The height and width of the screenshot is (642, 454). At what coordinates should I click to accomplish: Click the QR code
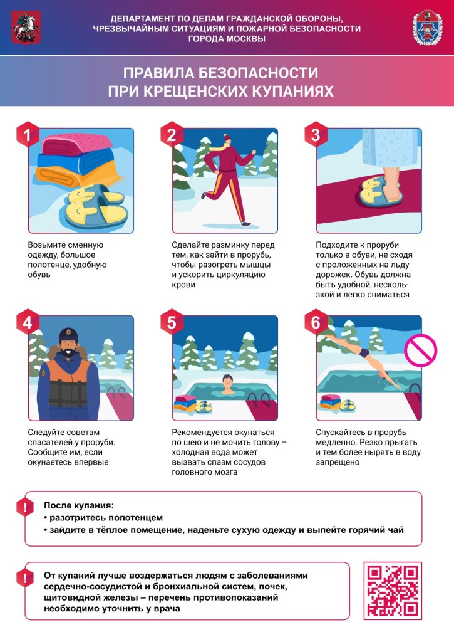393,591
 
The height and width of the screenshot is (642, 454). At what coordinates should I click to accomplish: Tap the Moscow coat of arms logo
26,28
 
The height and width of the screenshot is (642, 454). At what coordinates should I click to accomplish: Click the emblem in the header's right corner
428,28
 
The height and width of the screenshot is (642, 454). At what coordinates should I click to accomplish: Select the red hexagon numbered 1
28,134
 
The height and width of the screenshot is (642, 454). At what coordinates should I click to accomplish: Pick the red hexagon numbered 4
28,322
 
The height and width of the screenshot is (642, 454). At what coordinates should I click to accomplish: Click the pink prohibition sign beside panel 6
420,350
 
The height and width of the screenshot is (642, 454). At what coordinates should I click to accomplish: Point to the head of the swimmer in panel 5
228,384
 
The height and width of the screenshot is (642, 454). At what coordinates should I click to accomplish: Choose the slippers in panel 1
96,207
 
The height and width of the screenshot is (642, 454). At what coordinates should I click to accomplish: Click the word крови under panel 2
183,285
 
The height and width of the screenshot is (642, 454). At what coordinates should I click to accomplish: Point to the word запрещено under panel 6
338,462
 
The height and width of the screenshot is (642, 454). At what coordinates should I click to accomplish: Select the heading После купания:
79,505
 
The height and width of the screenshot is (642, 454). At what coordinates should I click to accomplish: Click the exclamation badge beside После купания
25,508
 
